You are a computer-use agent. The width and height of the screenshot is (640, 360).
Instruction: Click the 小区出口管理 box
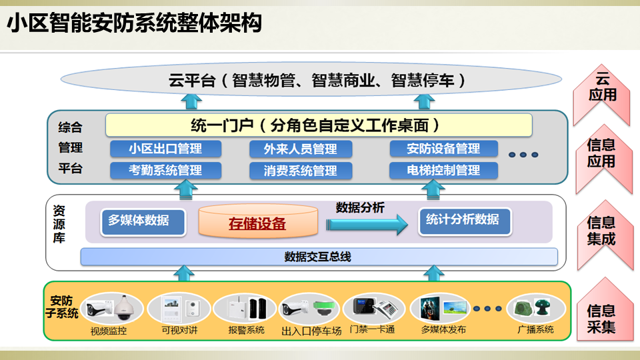pyautogui.click(x=165, y=148)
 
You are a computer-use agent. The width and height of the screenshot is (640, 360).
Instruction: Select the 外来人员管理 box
pyautogui.click(x=300, y=149)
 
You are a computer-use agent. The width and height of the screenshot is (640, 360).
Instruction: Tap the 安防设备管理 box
pyautogui.click(x=443, y=148)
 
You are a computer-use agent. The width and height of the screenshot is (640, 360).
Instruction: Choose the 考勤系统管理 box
pyautogui.click(x=165, y=170)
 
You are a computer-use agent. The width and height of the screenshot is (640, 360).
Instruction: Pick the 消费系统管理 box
pyautogui.click(x=300, y=171)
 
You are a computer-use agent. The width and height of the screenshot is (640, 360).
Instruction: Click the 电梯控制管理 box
pyautogui.click(x=443, y=170)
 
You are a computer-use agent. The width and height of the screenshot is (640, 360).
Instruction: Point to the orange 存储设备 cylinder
pyautogui.click(x=257, y=223)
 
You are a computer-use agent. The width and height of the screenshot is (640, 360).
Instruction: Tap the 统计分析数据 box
pyautogui.click(x=465, y=220)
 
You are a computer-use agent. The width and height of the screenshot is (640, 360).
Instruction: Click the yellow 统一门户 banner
pyautogui.click(x=319, y=125)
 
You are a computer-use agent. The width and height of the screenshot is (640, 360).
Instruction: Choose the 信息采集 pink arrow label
pyautogui.click(x=602, y=319)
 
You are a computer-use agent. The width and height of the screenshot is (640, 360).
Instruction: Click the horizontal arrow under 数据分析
pyautogui.click(x=367, y=224)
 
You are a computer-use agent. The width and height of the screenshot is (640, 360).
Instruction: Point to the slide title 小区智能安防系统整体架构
pyautogui.click(x=133, y=25)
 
